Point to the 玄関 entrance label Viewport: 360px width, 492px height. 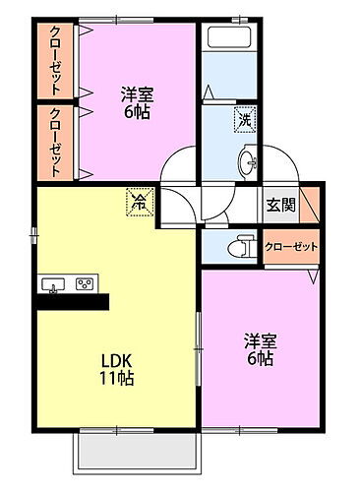click(x=279, y=205)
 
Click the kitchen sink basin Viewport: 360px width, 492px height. click(x=52, y=285)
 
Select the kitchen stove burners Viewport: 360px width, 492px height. click(x=85, y=285)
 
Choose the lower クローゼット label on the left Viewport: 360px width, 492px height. click(x=56, y=142)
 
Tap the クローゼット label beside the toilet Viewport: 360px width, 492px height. click(x=291, y=245)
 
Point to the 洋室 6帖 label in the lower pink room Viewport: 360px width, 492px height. click(x=261, y=349)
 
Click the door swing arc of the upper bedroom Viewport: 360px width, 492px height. click(x=179, y=162)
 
